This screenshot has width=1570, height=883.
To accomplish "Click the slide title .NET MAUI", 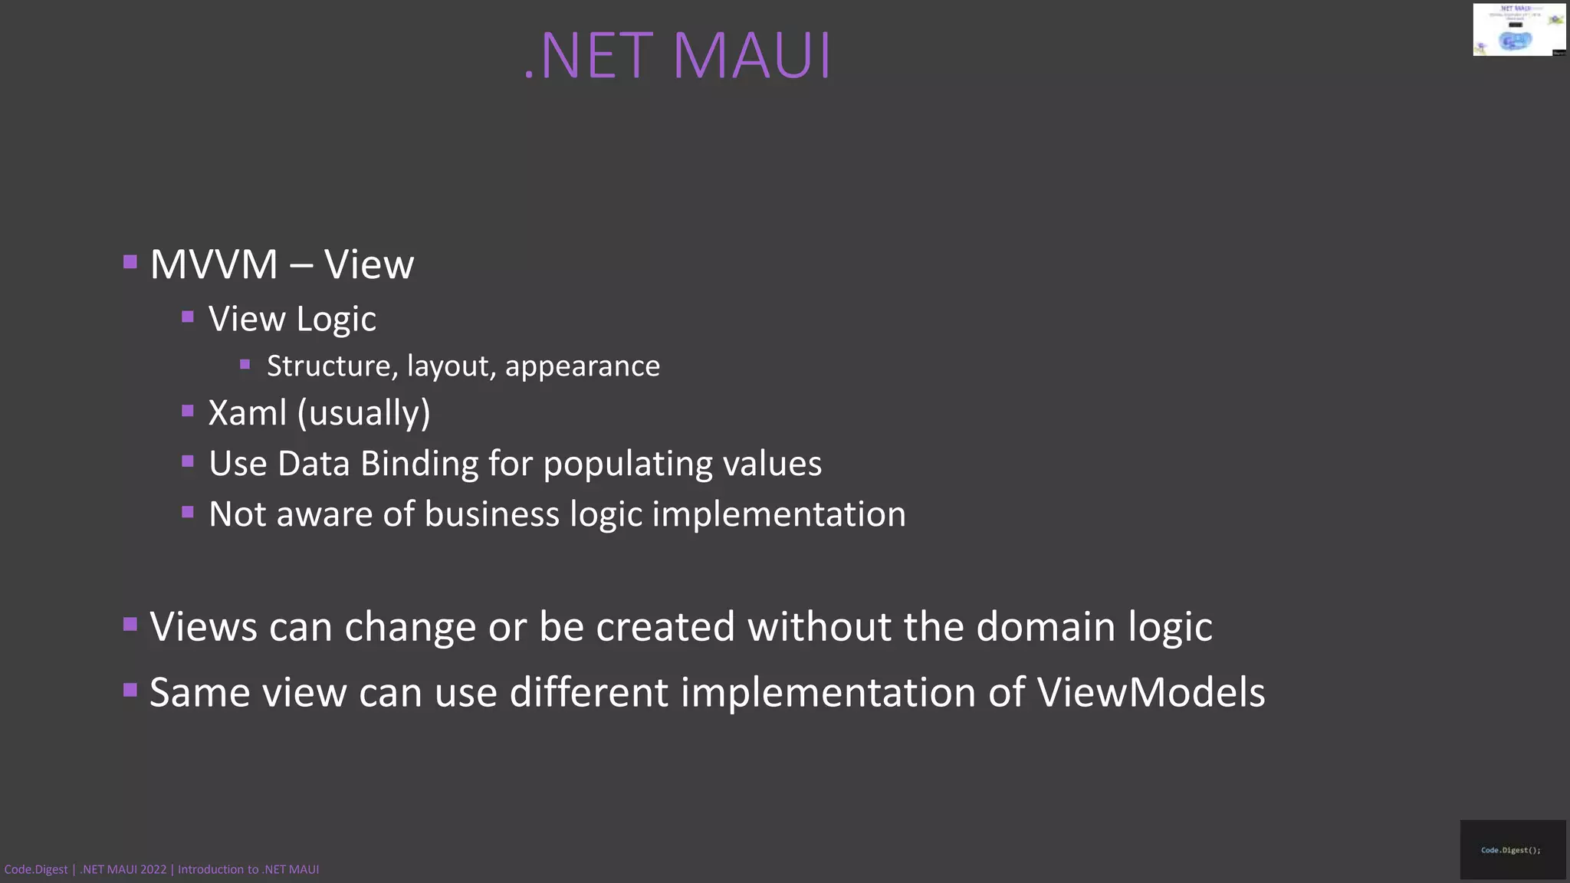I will (678, 56).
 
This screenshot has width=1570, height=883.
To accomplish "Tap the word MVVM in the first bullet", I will (214, 264).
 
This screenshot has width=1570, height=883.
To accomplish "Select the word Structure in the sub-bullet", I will (332, 366).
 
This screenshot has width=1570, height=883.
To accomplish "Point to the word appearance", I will (582, 367).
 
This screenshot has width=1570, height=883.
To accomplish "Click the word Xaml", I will (247, 412).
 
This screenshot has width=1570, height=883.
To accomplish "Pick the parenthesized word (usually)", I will (364, 413).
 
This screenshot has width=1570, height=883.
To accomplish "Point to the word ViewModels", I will (1151, 692).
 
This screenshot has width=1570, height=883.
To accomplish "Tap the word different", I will (589, 692).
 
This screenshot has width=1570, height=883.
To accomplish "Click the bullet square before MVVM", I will (130, 263).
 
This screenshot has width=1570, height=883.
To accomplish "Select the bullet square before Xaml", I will (188, 411).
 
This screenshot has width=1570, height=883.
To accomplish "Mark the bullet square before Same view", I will (130, 691).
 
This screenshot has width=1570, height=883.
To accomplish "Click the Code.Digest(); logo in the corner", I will (1512, 849).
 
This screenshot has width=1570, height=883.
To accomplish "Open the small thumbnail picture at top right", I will (1519, 30).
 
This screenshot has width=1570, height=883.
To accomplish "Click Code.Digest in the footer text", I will (36, 869).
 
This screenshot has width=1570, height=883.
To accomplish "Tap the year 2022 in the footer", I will (153, 869).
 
